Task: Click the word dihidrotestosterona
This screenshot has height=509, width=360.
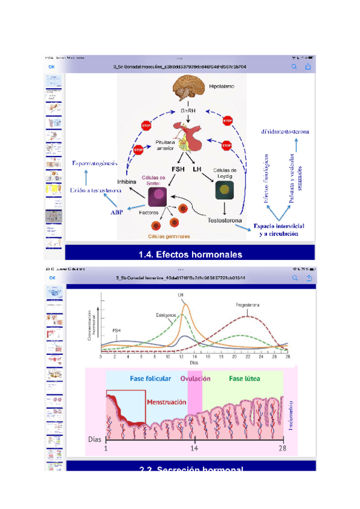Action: click(285, 131)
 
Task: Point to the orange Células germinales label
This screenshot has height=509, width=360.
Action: click(175, 236)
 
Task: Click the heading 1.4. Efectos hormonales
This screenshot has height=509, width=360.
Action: click(190, 254)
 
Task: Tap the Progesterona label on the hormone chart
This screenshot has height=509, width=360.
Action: click(248, 306)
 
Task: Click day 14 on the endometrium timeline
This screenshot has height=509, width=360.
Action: click(194, 448)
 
